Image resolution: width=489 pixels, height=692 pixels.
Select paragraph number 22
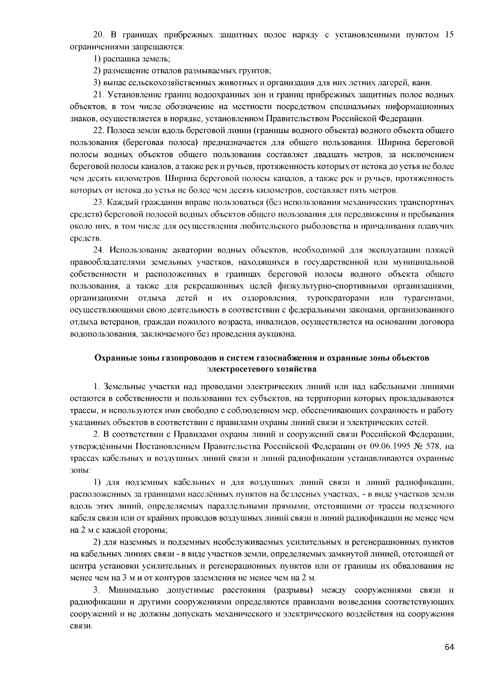coord(98,131)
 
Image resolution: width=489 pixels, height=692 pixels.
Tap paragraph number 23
coord(98,203)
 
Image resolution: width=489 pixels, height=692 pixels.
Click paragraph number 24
coord(98,250)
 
